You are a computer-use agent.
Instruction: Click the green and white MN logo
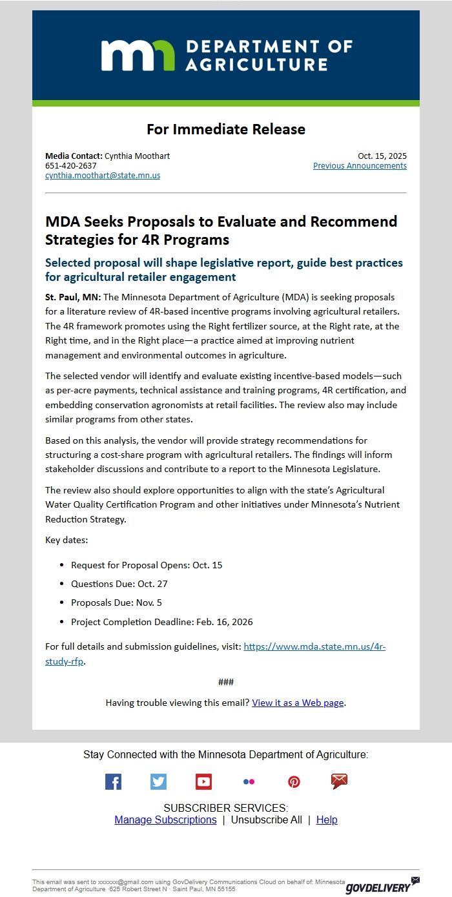[x=138, y=55]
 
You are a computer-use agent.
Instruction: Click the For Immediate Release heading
[x=226, y=129]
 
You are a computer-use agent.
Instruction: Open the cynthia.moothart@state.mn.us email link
[x=103, y=176]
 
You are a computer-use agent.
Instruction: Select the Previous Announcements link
[x=360, y=166]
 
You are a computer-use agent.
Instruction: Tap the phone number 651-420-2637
[x=71, y=166]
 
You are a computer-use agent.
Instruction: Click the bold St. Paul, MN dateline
[x=72, y=297]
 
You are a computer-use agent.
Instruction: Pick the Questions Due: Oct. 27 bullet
[x=119, y=584]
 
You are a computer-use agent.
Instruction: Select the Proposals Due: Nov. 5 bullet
[x=116, y=603]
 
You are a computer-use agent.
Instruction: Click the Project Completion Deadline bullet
[x=161, y=623]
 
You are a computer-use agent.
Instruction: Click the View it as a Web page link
[x=298, y=703]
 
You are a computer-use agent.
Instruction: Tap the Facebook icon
[x=113, y=782]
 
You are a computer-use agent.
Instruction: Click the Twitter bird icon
[x=158, y=782]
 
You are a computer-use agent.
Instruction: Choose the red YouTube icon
[x=203, y=782]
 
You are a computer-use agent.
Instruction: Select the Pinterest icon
[x=294, y=782]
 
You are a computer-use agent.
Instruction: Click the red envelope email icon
[x=339, y=782]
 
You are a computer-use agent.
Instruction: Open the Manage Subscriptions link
[x=165, y=820]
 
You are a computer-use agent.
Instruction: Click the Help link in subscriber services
[x=327, y=820]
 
